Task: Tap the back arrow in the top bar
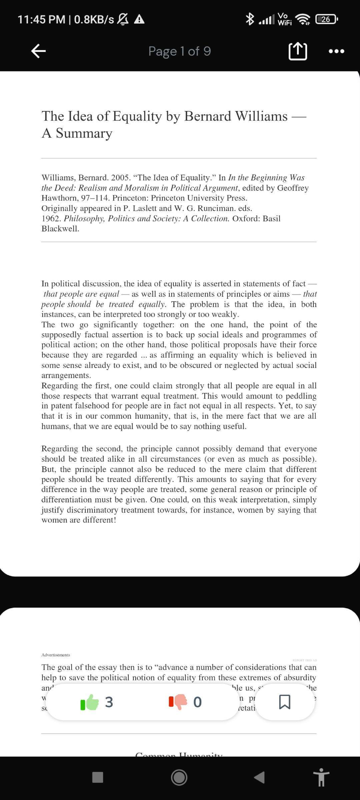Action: coord(38,51)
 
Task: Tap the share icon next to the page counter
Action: coord(298,51)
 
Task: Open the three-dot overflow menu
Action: coord(336,51)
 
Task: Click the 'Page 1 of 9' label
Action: coord(179,51)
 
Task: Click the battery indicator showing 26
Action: coord(326,19)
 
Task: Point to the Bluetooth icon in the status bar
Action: coord(250,19)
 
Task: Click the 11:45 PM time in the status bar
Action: coord(41,19)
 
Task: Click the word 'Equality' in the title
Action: coord(137,116)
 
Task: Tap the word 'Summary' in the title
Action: coord(84,133)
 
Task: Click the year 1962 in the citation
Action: coord(51,219)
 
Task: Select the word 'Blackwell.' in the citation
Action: coord(60,229)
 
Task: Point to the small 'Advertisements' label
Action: coord(55,655)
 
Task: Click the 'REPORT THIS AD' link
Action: coord(304,660)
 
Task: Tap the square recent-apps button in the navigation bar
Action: coord(97,777)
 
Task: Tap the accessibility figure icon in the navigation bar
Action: coord(322,777)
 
